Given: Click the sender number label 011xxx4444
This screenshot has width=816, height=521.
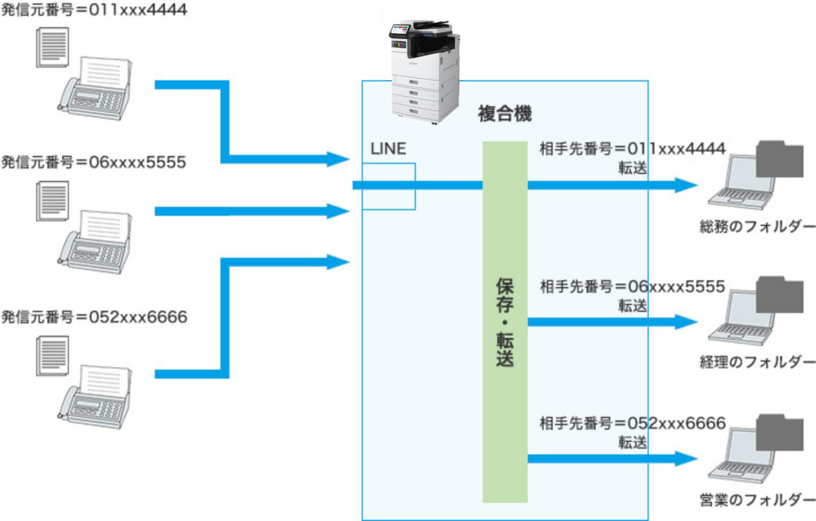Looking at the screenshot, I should (x=94, y=10).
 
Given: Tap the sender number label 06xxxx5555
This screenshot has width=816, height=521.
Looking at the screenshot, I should (x=94, y=162).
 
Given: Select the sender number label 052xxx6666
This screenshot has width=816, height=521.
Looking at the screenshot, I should (x=94, y=316).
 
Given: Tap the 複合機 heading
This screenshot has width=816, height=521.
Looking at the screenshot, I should (x=504, y=114).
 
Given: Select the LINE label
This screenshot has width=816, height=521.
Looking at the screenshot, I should (x=388, y=149).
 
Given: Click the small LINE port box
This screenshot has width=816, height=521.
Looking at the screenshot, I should (x=389, y=186).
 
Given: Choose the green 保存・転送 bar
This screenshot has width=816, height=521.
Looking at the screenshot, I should (x=505, y=322).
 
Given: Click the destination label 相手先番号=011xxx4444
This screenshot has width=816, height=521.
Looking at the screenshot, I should (x=632, y=149).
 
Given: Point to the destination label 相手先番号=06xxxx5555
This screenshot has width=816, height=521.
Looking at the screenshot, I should (x=632, y=286).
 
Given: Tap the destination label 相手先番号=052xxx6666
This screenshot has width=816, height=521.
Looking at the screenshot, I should (x=632, y=423).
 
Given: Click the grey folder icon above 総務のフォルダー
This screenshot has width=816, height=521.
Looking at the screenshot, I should (x=780, y=159).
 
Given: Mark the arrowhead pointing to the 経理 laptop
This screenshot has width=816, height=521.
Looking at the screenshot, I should (x=686, y=322).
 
